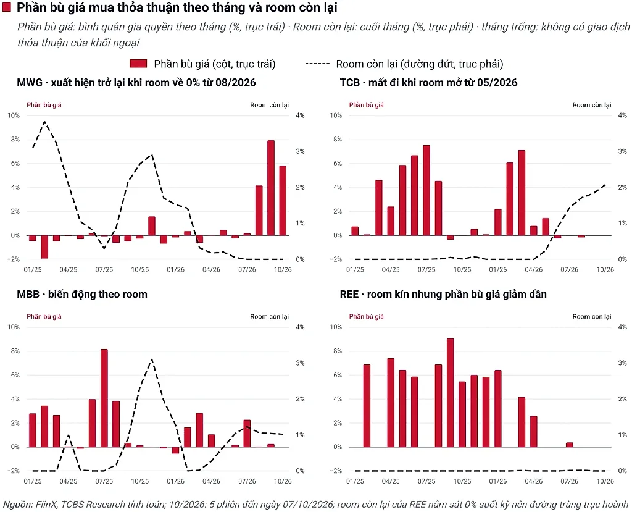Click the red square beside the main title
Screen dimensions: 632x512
pos(6,7)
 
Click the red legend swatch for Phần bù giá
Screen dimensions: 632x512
pos(138,64)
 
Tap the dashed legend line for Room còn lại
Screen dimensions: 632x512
pos(317,64)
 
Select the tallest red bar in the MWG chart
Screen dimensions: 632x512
pos(271,188)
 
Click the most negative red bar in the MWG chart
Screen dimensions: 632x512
pos(44,246)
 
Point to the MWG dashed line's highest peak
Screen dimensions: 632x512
pos(44,122)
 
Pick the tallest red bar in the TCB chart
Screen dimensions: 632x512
pos(426,190)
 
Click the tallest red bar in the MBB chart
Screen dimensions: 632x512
pos(104,398)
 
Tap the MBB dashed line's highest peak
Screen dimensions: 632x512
pos(152,359)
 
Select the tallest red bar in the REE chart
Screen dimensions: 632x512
pos(450,393)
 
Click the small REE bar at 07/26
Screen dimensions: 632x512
pos(570,445)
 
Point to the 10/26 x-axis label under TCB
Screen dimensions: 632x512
pos(605,269)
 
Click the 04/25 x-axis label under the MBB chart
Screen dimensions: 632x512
pos(69,481)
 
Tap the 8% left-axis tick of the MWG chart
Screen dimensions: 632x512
pos(15,139)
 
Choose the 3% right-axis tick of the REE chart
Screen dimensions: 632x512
pos(622,363)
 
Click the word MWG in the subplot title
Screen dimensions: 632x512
pos(30,83)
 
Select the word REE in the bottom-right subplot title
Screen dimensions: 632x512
pos(349,294)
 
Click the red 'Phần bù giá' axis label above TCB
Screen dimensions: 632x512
pos(367,105)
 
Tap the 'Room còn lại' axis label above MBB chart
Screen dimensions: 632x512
pos(269,317)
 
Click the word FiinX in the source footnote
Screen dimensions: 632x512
pos(46,505)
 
